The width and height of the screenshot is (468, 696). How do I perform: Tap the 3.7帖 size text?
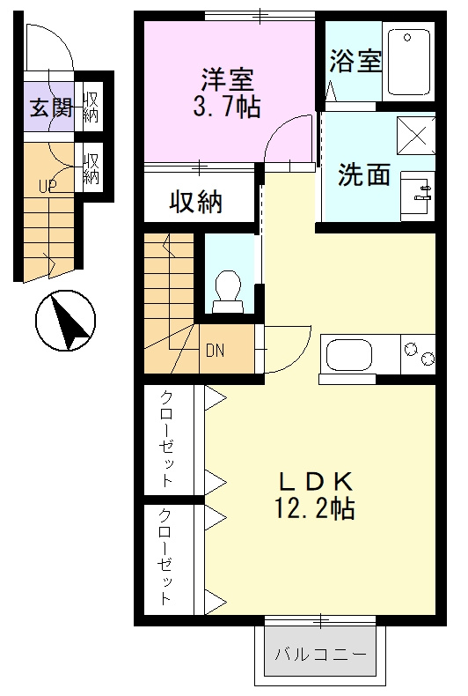pos(228,108)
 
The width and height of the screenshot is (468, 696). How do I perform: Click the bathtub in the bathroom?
pos(409,61)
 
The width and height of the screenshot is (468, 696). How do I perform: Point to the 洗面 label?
pos(364,174)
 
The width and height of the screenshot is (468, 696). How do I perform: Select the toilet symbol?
pos(229,290)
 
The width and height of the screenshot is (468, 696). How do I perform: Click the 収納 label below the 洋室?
pos(196,203)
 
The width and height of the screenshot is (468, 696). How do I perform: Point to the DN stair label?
pos(215,350)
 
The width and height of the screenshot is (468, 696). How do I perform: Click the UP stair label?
pos(47,186)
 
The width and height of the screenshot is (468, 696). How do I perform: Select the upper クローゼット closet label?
pos(166,438)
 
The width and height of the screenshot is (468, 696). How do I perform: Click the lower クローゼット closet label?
pos(166,557)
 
